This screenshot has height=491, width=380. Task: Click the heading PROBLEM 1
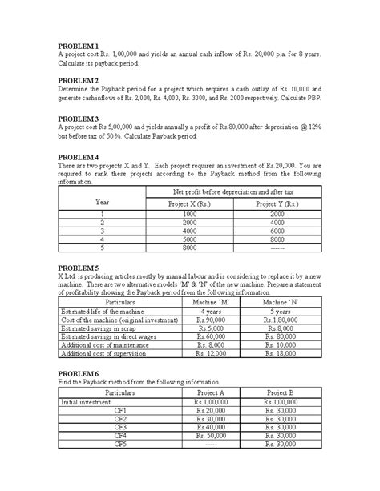coord(78,46)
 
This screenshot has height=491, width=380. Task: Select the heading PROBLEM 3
coord(78,118)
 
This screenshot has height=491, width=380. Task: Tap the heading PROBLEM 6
coord(78,374)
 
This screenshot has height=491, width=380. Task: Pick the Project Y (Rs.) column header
coord(277,205)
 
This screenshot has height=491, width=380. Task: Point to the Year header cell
coord(102,201)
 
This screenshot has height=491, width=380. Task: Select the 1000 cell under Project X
coord(189,215)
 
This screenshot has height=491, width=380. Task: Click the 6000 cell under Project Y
coord(277,231)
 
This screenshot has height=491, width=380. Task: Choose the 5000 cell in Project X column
coord(189,239)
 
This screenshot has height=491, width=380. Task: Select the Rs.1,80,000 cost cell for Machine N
coord(277,320)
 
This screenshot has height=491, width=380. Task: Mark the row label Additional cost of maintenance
coord(104,345)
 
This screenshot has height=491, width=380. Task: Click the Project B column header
coord(281,393)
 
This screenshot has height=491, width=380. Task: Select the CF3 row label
coord(120,427)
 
